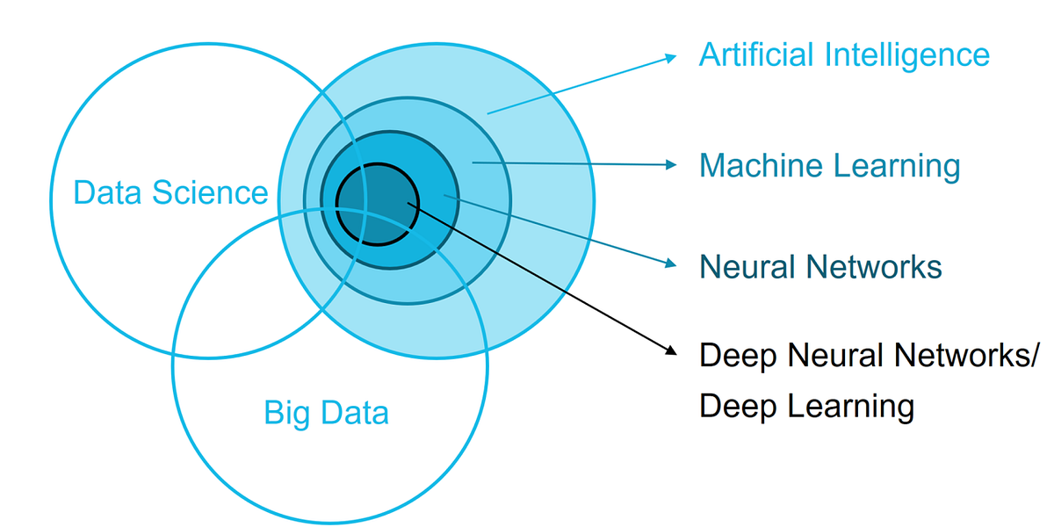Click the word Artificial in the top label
tap(756, 54)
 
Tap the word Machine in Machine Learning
tap(760, 165)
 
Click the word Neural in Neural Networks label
tap(747, 266)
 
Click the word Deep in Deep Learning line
tap(736, 407)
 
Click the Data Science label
tap(170, 192)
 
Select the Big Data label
tap(326, 412)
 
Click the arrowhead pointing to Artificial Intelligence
tap(672, 57)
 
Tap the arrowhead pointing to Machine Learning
tap(672, 164)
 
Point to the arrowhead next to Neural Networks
tap(672, 263)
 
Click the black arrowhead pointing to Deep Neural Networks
tap(672, 350)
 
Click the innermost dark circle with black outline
tap(378, 204)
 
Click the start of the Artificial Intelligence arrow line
tap(488, 112)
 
